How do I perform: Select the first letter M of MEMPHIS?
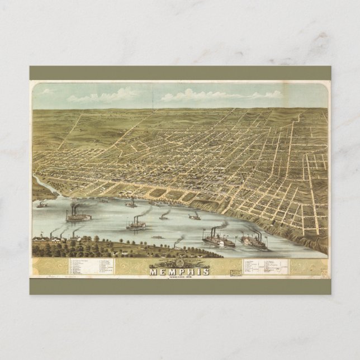[x=153, y=272]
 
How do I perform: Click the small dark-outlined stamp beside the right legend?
[x=237, y=271]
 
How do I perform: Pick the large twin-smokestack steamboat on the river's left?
[x=77, y=215]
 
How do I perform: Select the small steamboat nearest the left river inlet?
[x=41, y=205]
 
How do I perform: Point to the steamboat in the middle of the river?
[x=136, y=225]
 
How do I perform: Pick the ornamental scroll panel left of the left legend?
[x=50, y=268]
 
